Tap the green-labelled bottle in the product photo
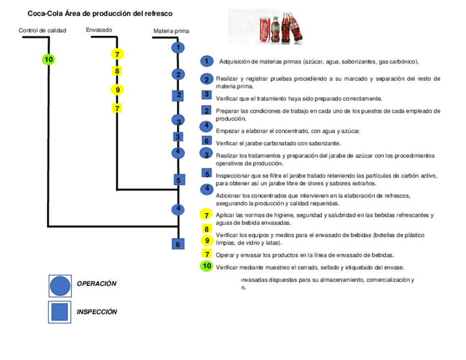[x=275, y=30]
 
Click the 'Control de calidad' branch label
[x=42, y=30]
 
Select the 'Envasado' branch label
[x=99, y=30]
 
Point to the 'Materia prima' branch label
[x=171, y=31]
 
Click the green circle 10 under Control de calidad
[x=48, y=59]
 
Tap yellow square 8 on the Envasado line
[x=117, y=71]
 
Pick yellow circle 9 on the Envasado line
[x=117, y=90]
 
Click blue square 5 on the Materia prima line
[x=177, y=180]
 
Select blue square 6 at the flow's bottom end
[x=177, y=243]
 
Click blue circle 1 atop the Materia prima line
[x=177, y=47]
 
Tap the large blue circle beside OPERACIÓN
[x=60, y=286]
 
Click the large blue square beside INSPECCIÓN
[x=60, y=312]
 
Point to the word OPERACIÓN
[x=97, y=284]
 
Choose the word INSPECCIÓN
[x=97, y=312]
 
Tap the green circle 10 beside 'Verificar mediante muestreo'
[x=207, y=266]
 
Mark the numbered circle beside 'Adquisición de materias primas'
[x=207, y=61]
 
